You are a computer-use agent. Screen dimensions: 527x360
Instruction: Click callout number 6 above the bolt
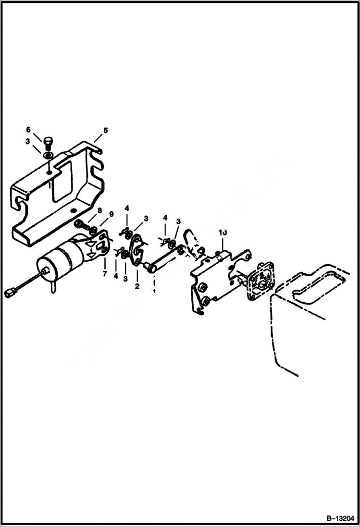coord(28,130)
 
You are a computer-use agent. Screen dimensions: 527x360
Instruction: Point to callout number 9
coord(111,214)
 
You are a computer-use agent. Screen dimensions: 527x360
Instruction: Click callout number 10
coord(222,233)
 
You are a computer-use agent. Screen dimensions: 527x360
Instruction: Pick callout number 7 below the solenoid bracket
coord(104,273)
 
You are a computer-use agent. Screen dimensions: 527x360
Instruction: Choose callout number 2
coord(137,286)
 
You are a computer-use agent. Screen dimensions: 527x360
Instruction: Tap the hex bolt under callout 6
coord(48,143)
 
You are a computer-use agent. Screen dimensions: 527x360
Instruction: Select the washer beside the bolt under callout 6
coord(49,156)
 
